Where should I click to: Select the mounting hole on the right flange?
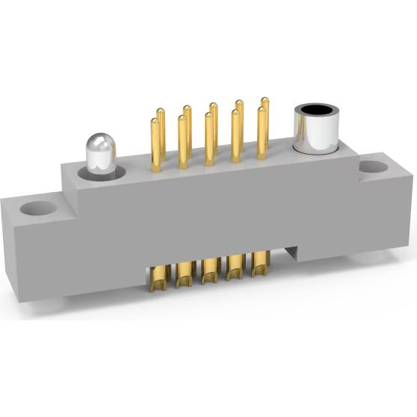pos(372,170)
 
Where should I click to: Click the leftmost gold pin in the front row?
pos(155,146)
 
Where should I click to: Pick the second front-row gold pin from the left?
pos(182,142)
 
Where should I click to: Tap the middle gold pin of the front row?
pos(208,138)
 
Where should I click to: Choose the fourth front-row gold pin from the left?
pos(235,135)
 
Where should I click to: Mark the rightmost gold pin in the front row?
pos(262,132)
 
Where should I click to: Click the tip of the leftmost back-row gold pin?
pos(161,113)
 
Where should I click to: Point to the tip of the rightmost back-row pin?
pos(265,99)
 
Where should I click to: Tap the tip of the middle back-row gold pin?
pos(214,106)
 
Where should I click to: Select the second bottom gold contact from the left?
pos(183,274)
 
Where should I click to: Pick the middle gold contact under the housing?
pos(209,271)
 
